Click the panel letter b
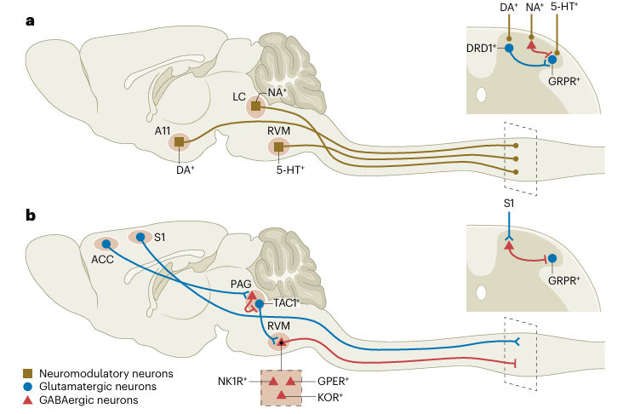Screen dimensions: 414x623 31,216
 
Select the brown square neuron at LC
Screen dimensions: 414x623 255,106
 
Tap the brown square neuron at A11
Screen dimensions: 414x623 180,141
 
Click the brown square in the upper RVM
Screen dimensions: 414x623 278,148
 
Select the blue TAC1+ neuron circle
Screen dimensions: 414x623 259,303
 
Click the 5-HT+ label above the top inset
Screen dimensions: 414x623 565,9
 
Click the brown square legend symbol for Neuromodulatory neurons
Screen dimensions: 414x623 28,373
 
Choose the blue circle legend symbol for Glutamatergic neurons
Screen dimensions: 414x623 28,386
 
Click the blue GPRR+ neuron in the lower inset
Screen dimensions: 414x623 552,258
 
